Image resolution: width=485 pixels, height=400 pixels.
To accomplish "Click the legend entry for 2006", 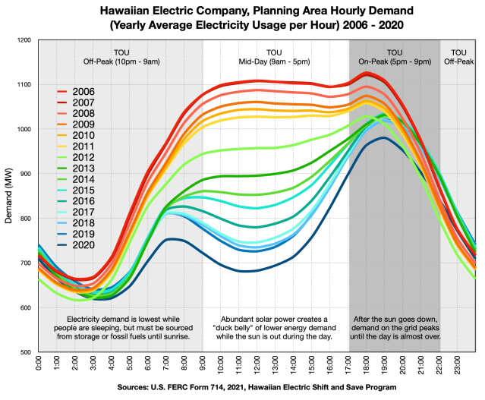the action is click(76, 92).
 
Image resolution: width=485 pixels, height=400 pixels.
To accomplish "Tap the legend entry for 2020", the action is click(76, 245).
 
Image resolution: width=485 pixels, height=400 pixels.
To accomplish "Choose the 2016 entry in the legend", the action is click(76, 201).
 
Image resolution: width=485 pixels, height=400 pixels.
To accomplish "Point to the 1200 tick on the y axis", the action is click(25, 40).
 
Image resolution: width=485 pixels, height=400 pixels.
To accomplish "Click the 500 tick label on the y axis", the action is click(26, 352).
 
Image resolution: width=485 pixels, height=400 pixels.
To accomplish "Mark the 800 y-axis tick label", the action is click(26, 219).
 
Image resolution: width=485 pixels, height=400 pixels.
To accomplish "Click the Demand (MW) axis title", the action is click(8, 196).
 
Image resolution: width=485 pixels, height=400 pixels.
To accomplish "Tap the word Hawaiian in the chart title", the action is click(124, 11).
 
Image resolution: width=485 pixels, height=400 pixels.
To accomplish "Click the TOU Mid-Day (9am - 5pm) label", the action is click(274, 57).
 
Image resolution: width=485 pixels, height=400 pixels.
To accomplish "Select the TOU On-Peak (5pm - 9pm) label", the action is click(395, 57).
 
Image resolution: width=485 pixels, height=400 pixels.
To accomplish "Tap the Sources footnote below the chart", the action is click(257, 387).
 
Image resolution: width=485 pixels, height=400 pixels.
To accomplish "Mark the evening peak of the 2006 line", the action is click(367, 74).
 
